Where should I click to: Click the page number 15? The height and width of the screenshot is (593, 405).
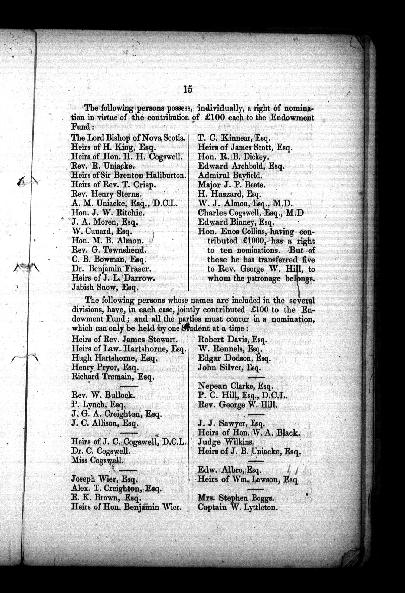pos(188,89)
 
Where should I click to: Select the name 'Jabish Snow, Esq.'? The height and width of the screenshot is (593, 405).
pos(105,287)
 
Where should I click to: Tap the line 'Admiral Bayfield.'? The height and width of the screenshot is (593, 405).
pos(230,176)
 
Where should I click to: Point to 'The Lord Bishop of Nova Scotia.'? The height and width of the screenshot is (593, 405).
pos(128,138)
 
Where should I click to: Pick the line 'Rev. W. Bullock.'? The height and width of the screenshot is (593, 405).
pos(103,395)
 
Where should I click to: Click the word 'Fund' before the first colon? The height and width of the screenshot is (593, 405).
pos(80,127)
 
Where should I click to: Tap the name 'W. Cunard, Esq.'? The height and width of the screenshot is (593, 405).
pos(102,232)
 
